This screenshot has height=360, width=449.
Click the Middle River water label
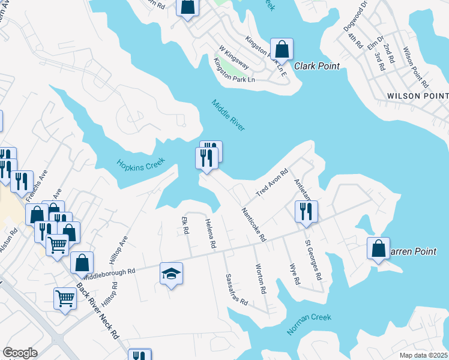[229, 114]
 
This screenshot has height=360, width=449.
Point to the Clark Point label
[317, 66]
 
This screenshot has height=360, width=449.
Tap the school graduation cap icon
[172, 274]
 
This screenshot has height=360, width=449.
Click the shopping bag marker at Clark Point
[282, 49]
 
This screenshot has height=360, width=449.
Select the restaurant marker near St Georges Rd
[306, 212]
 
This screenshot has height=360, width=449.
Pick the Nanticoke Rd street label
[253, 224]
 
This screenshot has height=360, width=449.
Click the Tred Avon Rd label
[273, 183]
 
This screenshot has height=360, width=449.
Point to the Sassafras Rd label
[237, 290]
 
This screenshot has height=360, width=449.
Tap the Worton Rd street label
[261, 278]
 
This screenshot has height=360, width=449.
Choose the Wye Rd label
[294, 274]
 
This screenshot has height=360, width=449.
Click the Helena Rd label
[210, 234]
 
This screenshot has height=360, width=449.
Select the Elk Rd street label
[185, 226]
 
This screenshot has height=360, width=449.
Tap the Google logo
[20, 352]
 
